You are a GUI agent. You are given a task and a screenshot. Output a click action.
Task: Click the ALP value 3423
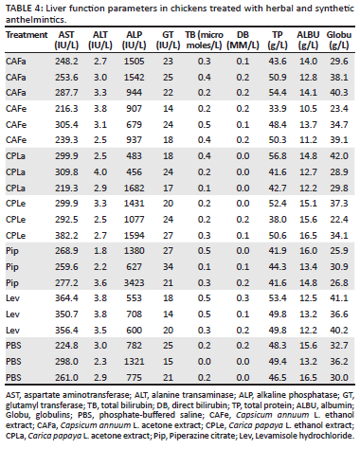pyautogui.click(x=134, y=282)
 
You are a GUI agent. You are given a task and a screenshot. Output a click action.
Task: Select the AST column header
pyautogui.click(x=66, y=40)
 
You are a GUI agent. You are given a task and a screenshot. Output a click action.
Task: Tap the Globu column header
pyautogui.click(x=339, y=40)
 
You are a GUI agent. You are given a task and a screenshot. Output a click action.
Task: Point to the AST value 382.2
pyautogui.click(x=66, y=235)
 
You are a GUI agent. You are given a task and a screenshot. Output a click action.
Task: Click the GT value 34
pyautogui.click(x=168, y=267)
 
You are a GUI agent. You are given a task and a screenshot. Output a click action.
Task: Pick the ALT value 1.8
pyautogui.click(x=100, y=251)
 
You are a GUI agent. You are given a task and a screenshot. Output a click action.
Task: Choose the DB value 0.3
pyautogui.click(x=243, y=298)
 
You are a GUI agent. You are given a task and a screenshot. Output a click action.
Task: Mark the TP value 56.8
pyautogui.click(x=278, y=156)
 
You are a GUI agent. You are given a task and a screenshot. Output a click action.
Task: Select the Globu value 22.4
pyautogui.click(x=339, y=220)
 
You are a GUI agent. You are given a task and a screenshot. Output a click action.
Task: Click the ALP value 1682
pyautogui.click(x=134, y=188)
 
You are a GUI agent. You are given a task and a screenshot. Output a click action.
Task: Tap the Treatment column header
pyautogui.click(x=27, y=35)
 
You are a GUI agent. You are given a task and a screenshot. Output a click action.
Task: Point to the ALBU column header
pyautogui.click(x=308, y=40)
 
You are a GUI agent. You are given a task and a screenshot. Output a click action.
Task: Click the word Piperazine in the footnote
pyautogui.click(x=186, y=436)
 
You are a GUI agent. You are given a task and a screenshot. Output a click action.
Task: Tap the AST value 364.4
pyautogui.click(x=66, y=298)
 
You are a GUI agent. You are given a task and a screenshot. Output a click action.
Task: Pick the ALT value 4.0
pyautogui.click(x=100, y=172)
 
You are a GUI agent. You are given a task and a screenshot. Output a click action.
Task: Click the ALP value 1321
pyautogui.click(x=134, y=361)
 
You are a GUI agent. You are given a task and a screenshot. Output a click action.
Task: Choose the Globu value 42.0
pyautogui.click(x=339, y=156)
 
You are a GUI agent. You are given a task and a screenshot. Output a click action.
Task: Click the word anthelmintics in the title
pyautogui.click(x=35, y=20)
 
